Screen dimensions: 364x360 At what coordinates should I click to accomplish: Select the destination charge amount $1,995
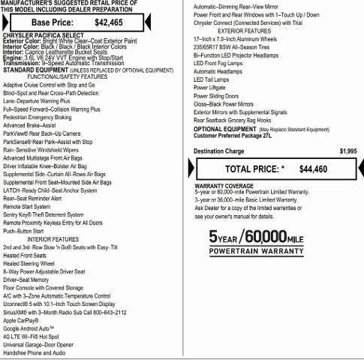coord(347,151)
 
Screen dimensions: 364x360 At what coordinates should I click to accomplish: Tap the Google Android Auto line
coord(30,328)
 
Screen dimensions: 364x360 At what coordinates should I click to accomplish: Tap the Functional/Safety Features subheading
coord(68,76)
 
